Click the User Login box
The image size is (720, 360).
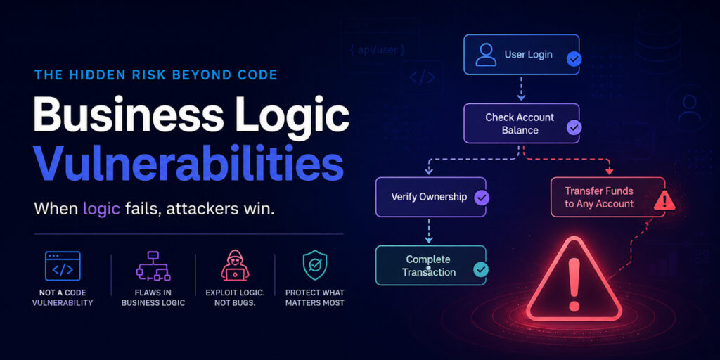(x=521, y=55)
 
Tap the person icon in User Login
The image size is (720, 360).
(x=486, y=55)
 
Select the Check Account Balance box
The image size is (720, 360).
(x=521, y=124)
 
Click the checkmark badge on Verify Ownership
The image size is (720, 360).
(x=482, y=198)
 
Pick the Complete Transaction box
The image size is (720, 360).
(x=431, y=265)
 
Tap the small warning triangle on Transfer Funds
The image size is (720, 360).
(x=664, y=201)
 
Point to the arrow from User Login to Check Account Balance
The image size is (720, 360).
(x=521, y=88)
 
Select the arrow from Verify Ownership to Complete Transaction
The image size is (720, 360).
(x=428, y=231)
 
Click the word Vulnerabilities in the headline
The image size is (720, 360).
(x=189, y=163)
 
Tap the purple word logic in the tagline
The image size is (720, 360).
(x=101, y=209)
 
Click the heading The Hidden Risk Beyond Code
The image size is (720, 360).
(x=156, y=75)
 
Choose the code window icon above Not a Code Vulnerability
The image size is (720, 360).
(x=63, y=266)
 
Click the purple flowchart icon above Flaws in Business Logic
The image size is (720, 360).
(x=153, y=266)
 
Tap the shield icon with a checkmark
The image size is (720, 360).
(x=314, y=265)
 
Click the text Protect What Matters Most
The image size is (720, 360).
(x=314, y=297)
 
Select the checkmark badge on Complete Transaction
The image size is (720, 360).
(x=481, y=269)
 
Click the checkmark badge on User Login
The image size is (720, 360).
(x=574, y=59)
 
